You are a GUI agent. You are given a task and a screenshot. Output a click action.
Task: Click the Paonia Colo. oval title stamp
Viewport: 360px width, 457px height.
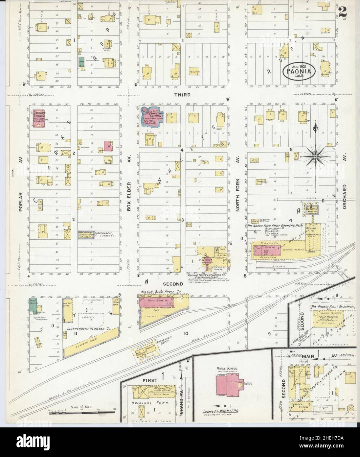[299, 71]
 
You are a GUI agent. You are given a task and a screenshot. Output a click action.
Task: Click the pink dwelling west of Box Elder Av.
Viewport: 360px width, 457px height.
[108, 146]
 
